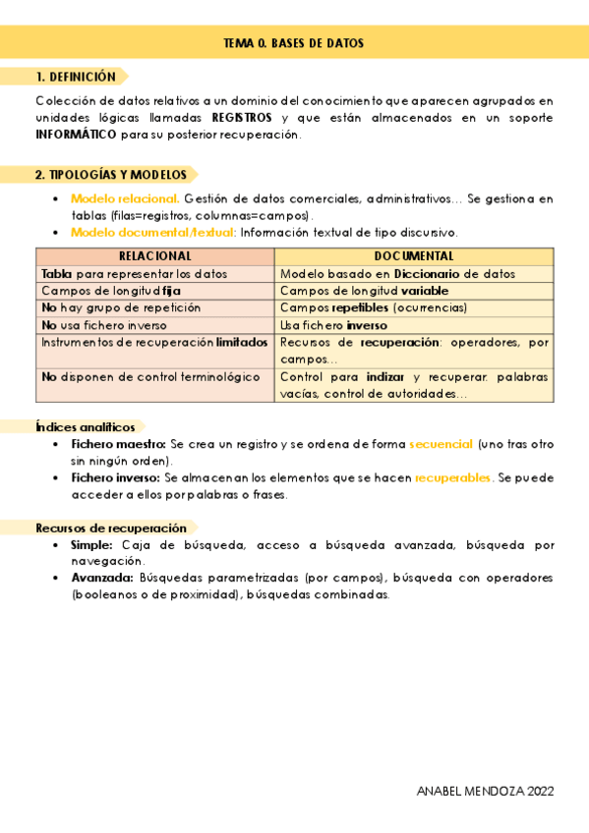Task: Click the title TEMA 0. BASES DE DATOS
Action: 294,44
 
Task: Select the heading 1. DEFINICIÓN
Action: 76,77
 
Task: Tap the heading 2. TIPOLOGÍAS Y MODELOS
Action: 110,174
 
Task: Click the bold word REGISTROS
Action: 242,118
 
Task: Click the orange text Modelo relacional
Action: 125,198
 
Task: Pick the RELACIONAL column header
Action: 154,256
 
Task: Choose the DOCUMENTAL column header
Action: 414,256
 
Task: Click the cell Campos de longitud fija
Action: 111,291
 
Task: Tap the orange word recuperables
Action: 453,478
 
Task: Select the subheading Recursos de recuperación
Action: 111,528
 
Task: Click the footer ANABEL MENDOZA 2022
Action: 485,791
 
